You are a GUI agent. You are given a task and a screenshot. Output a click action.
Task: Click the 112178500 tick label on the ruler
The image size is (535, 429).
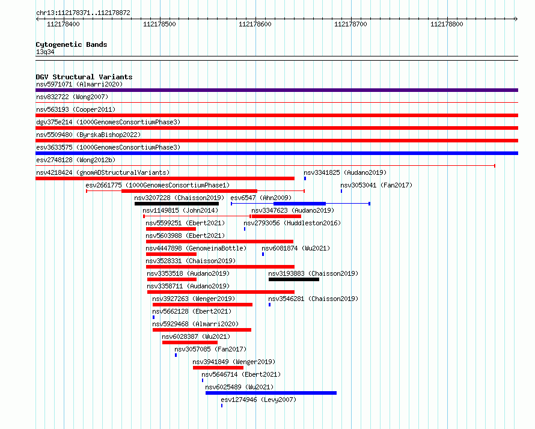pos(159,24)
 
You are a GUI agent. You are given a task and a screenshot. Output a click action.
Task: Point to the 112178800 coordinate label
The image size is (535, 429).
pos(447,24)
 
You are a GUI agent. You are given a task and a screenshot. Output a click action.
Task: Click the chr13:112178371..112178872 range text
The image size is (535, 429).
pos(83,13)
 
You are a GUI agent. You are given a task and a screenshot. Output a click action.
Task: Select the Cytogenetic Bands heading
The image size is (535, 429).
pos(72,44)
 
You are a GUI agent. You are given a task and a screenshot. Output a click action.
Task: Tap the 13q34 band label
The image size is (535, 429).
pos(45,52)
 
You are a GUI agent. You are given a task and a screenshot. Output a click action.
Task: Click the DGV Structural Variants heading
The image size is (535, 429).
pos(84,77)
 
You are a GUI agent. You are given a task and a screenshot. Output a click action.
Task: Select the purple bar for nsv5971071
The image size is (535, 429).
pos(277,90)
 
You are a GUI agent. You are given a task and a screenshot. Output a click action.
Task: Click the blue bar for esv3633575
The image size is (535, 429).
pos(277,153)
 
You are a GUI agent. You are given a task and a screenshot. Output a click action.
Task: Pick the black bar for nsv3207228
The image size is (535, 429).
pos(177,204)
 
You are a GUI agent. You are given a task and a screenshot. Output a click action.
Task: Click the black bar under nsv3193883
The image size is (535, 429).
pos(294,279)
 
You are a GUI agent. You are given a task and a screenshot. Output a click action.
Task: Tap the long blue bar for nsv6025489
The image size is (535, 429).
pos(271,393)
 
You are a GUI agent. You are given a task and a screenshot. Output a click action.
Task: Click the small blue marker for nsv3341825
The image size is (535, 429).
pos(305,178)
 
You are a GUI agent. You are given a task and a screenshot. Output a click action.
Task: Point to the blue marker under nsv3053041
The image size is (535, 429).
pos(341,191)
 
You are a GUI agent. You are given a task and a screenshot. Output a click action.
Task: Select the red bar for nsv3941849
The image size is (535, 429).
pos(218,368)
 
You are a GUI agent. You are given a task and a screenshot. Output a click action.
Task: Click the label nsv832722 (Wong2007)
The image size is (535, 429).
pos(72,97)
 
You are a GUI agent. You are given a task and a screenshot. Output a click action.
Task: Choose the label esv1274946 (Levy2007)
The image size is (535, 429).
pos(258,400)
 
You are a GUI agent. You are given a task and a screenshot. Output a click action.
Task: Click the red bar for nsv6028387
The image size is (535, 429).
pos(190,342)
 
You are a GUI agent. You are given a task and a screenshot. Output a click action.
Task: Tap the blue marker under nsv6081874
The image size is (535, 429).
pos(263,254)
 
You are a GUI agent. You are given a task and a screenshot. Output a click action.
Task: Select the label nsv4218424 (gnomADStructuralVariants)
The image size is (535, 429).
pos(103,172)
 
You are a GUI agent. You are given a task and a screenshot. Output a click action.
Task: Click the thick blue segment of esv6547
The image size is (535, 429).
pos(299,204)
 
